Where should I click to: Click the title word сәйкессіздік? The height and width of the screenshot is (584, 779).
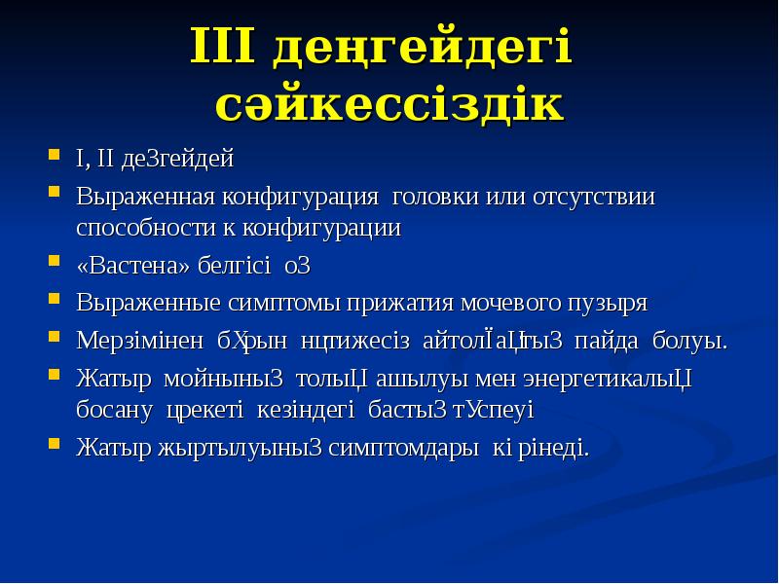click(389, 104)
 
